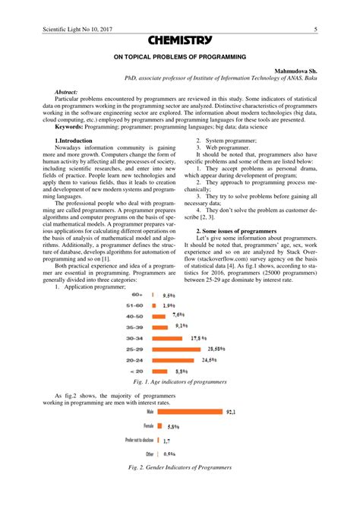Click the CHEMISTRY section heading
click(x=180, y=40)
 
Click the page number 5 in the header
click(x=314, y=30)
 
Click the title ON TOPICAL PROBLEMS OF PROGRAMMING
click(x=180, y=57)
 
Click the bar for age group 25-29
click(x=179, y=349)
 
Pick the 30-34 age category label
click(x=134, y=337)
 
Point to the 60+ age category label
click(x=137, y=293)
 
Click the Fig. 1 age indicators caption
click(x=179, y=381)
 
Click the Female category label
click(x=144, y=426)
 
